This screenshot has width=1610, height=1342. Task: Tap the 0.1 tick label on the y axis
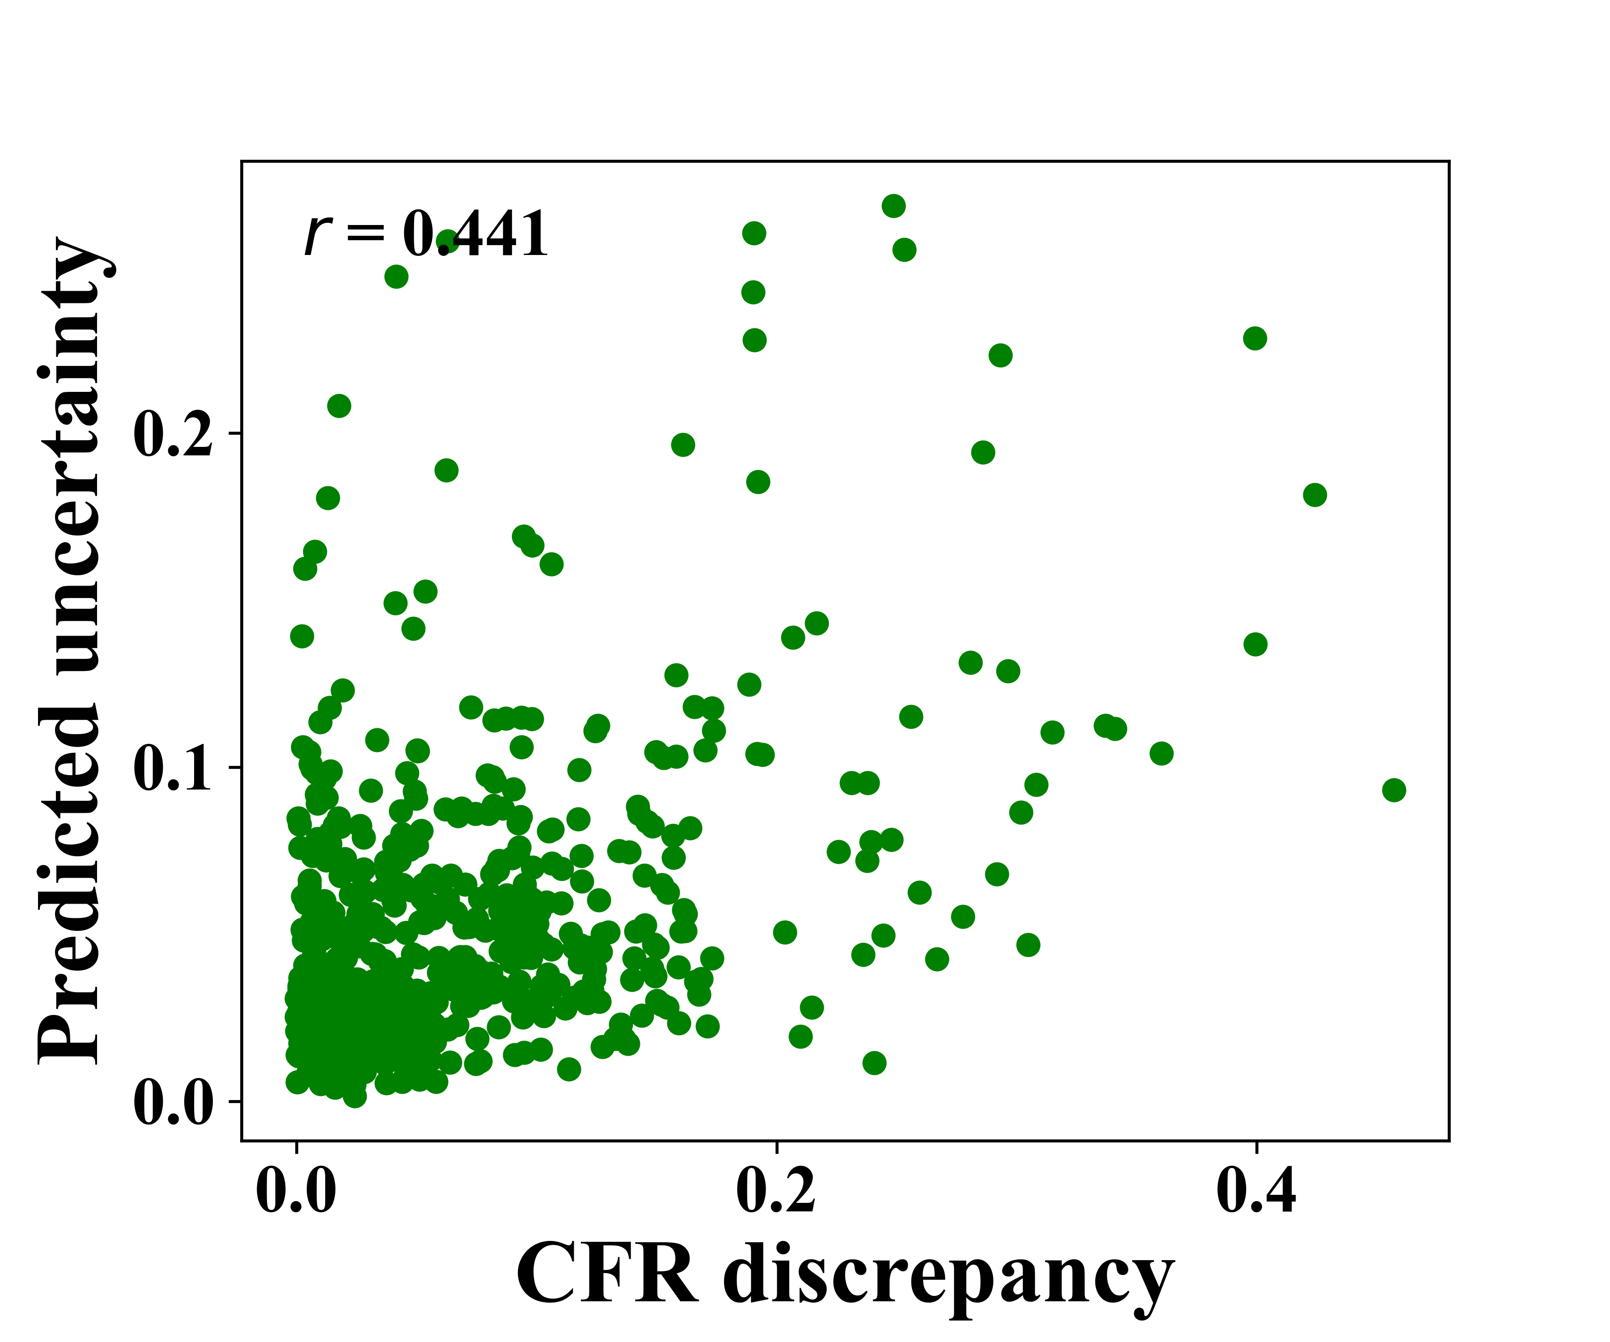tap(173, 769)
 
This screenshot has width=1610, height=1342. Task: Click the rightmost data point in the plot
tap(1394, 790)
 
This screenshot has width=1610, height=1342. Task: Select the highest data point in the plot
tap(893, 205)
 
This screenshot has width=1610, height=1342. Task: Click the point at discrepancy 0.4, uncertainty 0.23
tap(1254, 338)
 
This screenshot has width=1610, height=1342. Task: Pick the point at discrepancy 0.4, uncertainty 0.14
tap(1255, 644)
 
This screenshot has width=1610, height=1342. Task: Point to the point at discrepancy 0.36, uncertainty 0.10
tap(1161, 753)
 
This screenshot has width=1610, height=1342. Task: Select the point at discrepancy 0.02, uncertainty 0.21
tap(339, 406)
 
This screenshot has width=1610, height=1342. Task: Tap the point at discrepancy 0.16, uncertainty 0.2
tap(682, 445)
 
